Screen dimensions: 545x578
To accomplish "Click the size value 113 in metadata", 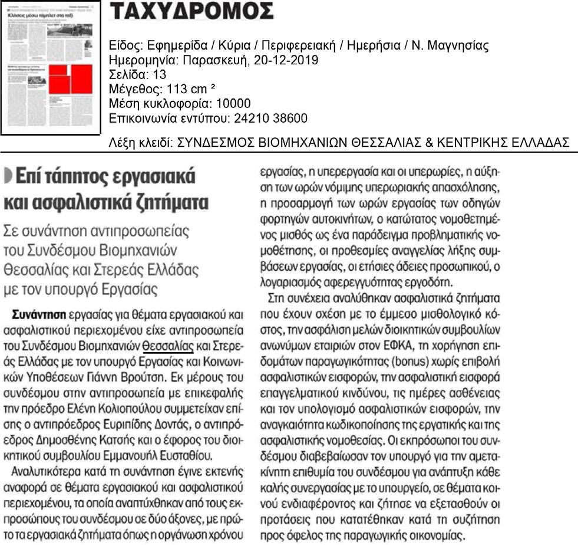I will [x=166, y=89].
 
